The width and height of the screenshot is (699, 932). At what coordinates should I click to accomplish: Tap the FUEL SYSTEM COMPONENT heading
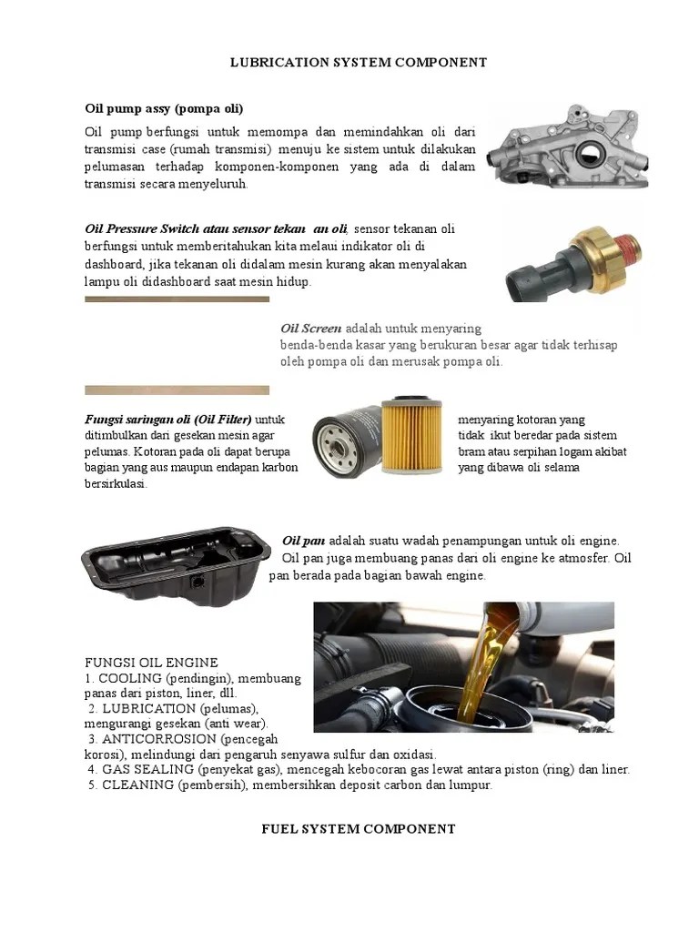click(358, 829)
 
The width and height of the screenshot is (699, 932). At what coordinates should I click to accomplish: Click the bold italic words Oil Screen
click(311, 329)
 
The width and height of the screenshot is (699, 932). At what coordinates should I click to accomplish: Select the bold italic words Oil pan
click(304, 541)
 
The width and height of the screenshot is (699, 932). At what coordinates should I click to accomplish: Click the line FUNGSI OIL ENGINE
click(151, 663)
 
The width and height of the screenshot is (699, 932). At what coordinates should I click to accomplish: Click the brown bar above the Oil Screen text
click(177, 299)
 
